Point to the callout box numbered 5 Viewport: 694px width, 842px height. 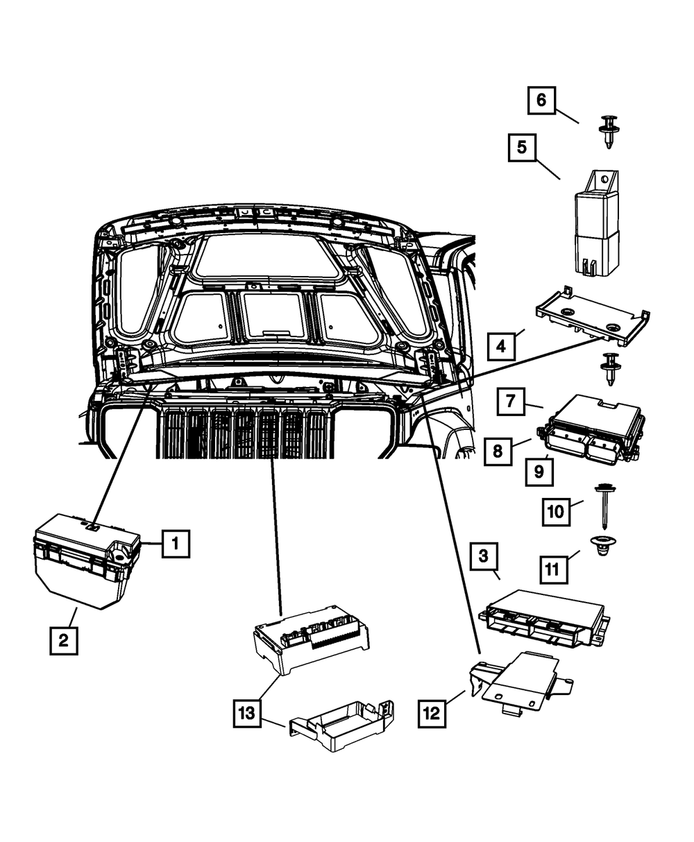click(522, 148)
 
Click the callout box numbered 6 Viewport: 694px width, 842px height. click(541, 100)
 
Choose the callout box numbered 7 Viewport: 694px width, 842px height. click(510, 402)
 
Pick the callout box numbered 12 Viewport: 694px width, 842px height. click(432, 712)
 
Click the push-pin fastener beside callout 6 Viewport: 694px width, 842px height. click(608, 131)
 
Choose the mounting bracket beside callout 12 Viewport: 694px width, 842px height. click(520, 682)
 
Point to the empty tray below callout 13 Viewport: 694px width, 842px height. click(340, 728)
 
